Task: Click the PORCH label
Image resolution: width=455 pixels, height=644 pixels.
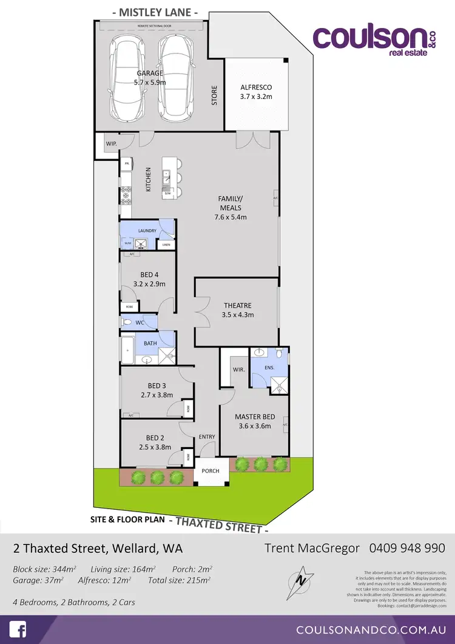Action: (x=212, y=471)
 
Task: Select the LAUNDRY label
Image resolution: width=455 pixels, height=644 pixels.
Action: (x=147, y=231)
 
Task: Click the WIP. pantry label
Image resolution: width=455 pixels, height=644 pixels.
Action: (x=111, y=144)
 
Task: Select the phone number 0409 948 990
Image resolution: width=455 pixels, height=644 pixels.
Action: (x=407, y=547)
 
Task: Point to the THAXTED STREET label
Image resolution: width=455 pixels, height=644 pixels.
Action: (x=218, y=523)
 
